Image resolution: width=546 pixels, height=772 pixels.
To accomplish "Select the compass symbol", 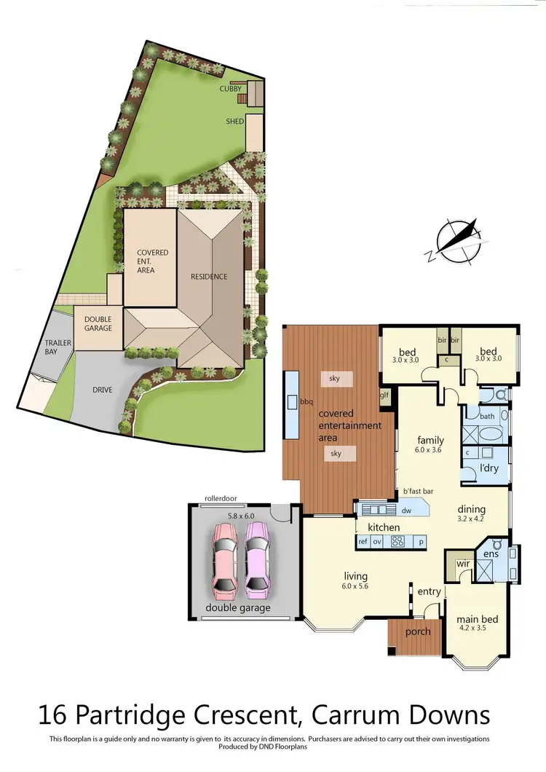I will [x=457, y=240].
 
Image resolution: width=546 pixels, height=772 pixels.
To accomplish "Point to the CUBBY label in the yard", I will [x=231, y=89].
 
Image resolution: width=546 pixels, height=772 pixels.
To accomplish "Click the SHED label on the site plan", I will [x=234, y=122].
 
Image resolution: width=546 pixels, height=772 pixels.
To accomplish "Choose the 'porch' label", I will [x=418, y=631].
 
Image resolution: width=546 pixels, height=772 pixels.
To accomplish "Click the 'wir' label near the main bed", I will [x=462, y=564].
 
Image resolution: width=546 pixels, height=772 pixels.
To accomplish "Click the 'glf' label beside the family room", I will [x=385, y=395].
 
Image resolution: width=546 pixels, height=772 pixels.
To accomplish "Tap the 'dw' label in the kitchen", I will [x=406, y=511].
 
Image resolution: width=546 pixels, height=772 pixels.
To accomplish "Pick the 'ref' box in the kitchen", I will [x=363, y=542].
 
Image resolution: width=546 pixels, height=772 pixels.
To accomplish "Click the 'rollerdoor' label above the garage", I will [x=221, y=499].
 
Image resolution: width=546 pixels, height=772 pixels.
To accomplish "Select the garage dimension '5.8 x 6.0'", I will [x=242, y=516].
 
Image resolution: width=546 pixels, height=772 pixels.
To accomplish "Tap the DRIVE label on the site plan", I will [x=102, y=390].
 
